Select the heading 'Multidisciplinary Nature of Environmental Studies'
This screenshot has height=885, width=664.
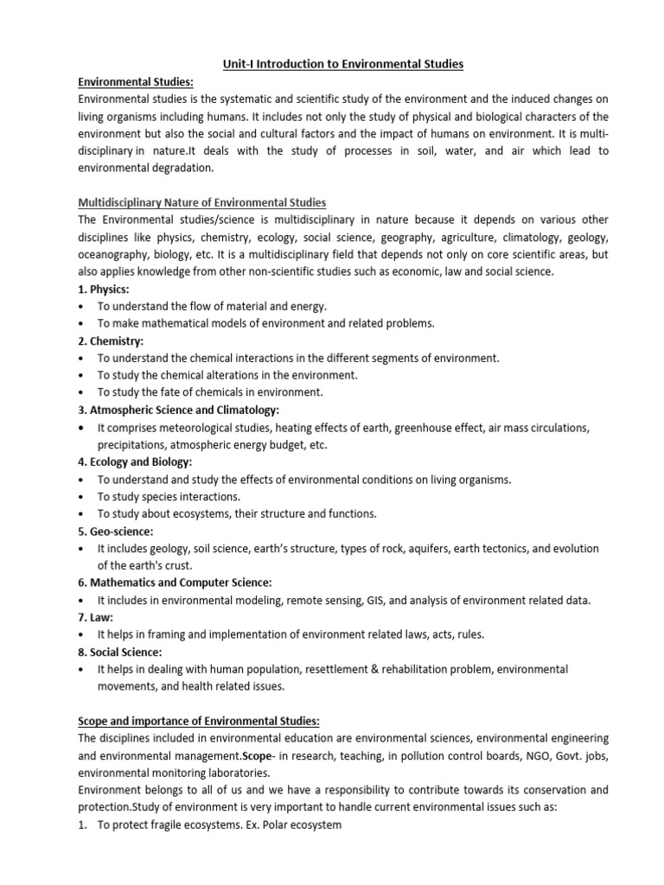tap(201, 202)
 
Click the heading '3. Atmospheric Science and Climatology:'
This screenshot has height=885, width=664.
tap(178, 410)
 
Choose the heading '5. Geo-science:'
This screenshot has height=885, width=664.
tap(115, 531)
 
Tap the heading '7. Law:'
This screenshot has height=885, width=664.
tap(97, 617)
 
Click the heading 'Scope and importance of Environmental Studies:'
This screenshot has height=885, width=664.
tap(199, 721)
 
